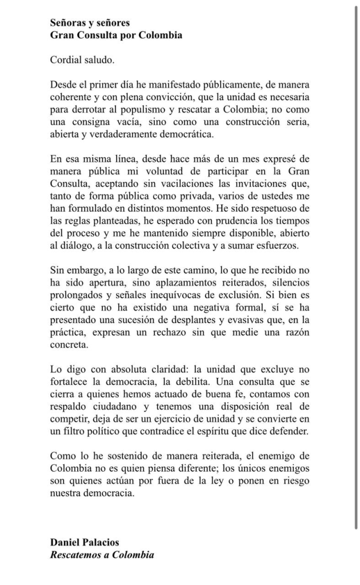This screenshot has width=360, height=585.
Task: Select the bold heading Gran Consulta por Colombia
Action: (x=116, y=35)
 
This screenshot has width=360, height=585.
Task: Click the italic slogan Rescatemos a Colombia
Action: (x=102, y=555)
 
